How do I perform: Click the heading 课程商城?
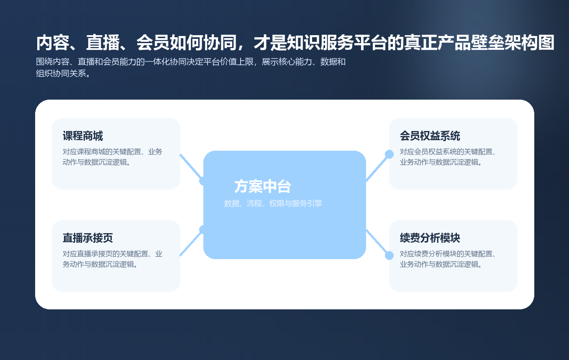coord(83,136)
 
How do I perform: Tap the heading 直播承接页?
coord(88,238)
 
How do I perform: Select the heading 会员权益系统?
coord(430,136)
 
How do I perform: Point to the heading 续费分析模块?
coord(430,238)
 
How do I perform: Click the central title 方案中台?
coord(263,187)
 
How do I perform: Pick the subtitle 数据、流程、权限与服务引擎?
coord(273,203)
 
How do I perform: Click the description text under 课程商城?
coord(113,157)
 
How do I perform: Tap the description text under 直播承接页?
coord(113,259)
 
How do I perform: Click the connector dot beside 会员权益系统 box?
coord(389,154)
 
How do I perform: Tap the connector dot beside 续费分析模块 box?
coord(389,255)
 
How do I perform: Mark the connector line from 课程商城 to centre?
coord(190,167)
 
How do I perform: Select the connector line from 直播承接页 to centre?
coord(190,243)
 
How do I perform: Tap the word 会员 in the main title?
coord(149,43)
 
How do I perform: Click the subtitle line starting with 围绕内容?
coord(191,62)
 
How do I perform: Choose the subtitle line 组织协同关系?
coord(63,74)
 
